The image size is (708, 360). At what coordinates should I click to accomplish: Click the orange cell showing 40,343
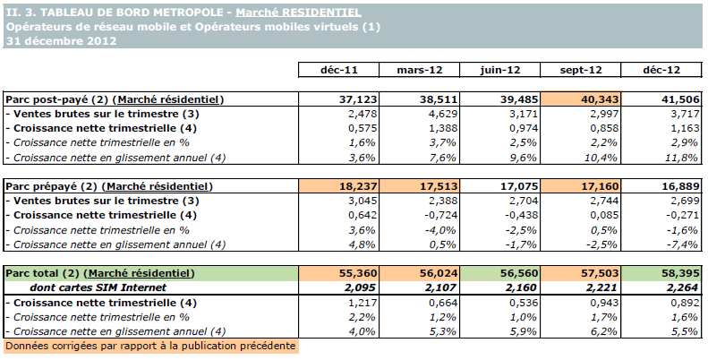coord(579,99)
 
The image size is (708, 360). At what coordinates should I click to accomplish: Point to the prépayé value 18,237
coord(339,186)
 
